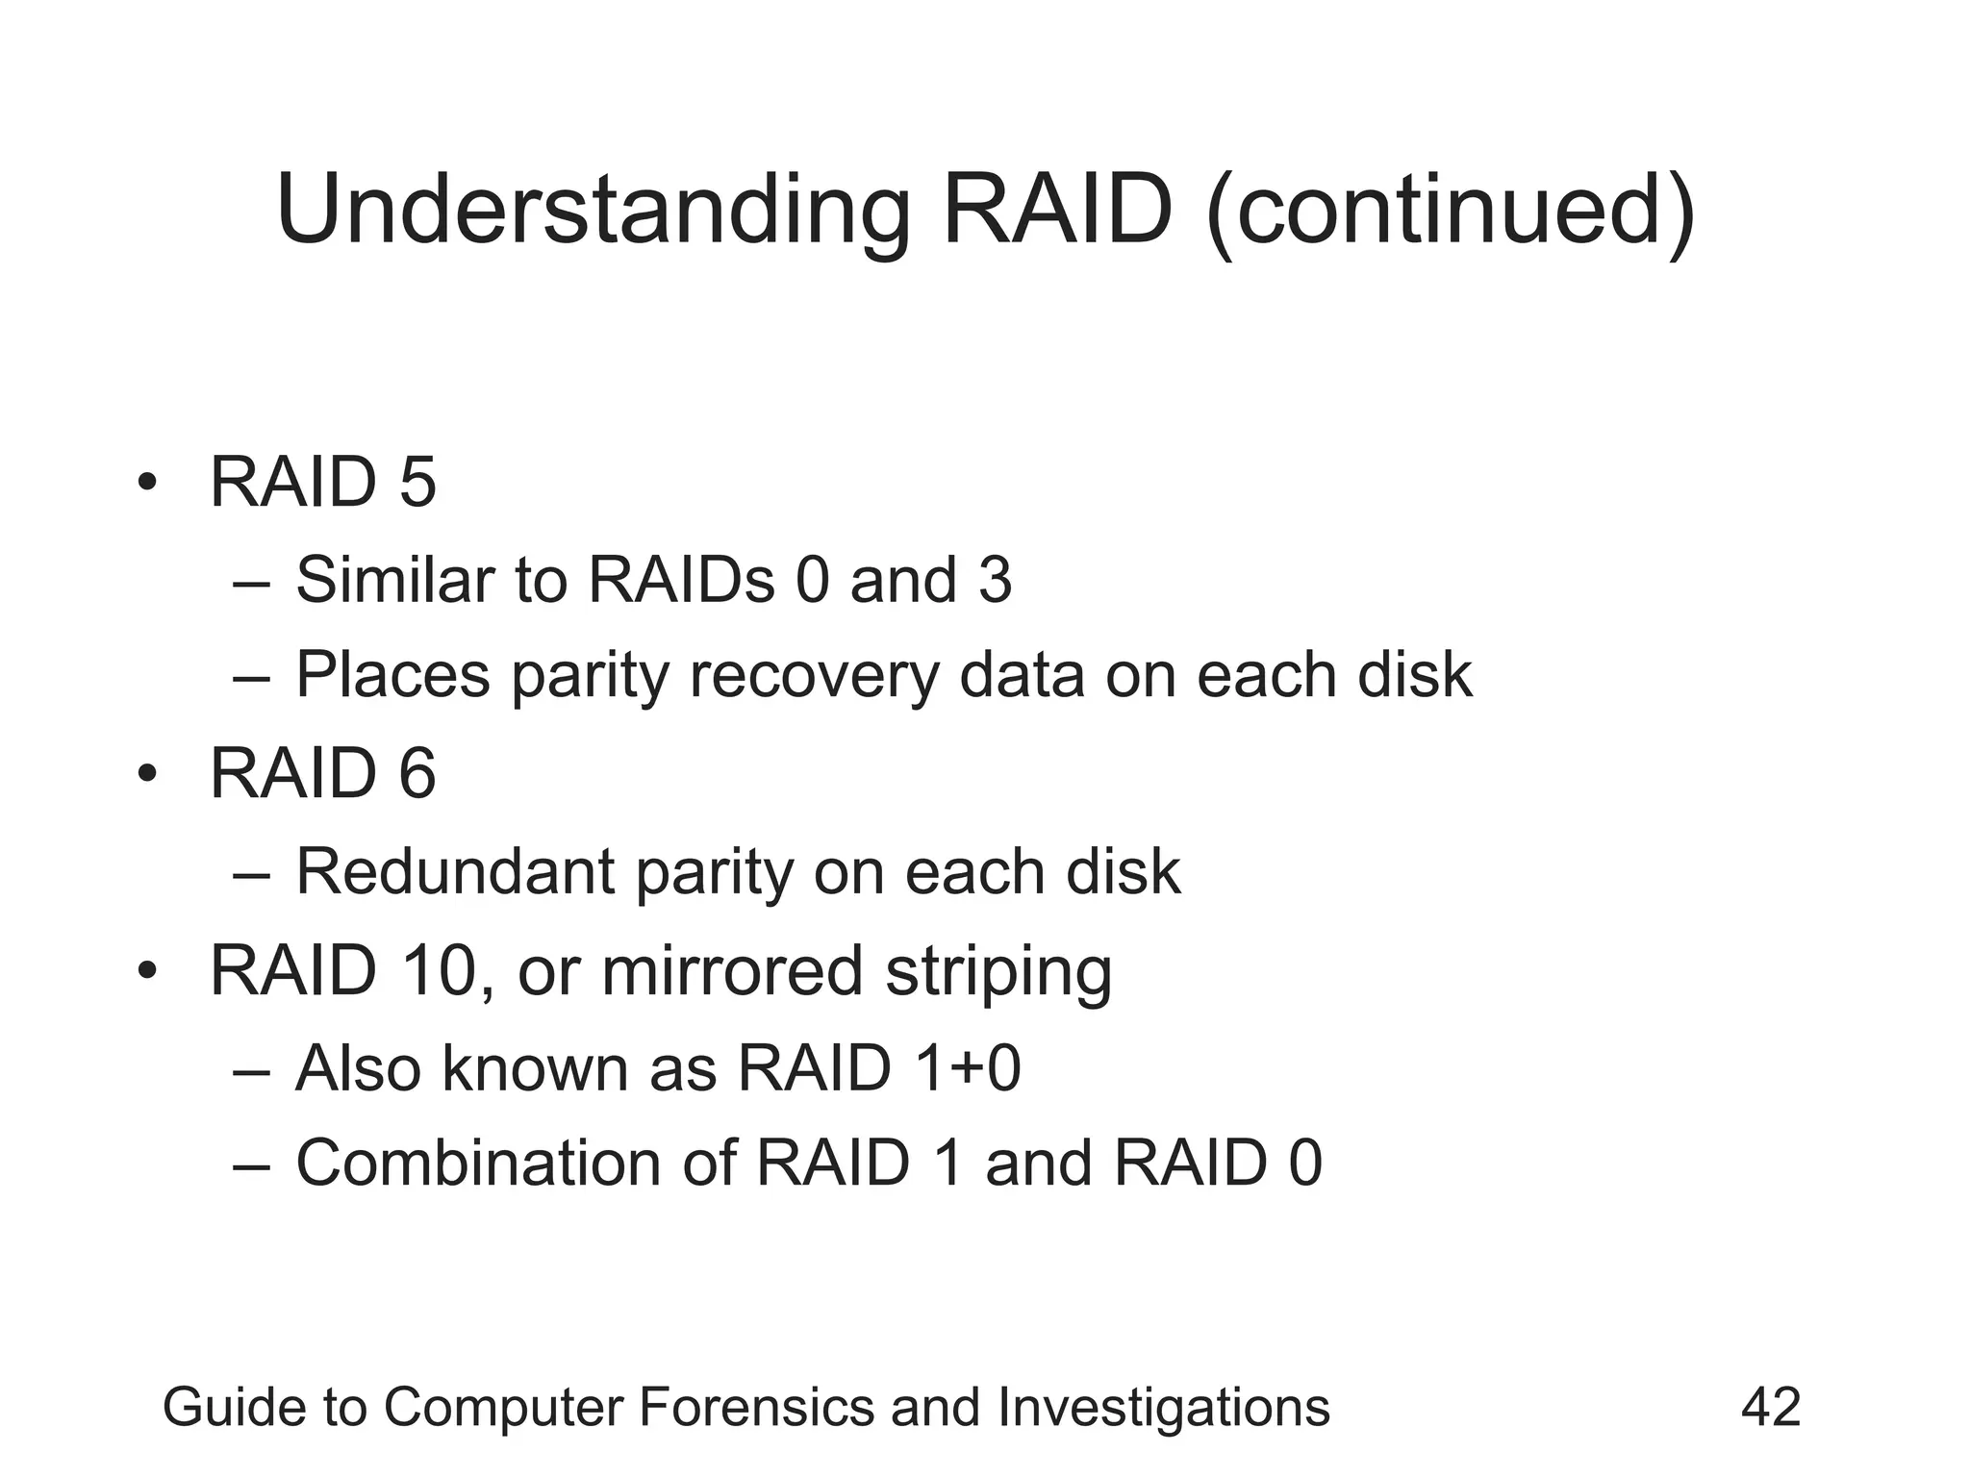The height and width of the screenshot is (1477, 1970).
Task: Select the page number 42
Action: tap(1771, 1408)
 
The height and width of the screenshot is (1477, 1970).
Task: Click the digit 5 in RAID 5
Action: tap(417, 482)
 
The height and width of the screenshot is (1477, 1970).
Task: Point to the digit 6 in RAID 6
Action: tap(417, 773)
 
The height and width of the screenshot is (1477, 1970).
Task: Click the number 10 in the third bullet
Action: tap(441, 970)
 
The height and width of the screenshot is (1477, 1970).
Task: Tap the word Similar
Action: tap(394, 580)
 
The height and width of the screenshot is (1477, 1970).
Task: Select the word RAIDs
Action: tap(681, 580)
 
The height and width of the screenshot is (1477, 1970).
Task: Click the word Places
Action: tap(392, 675)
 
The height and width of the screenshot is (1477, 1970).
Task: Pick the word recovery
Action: tap(814, 675)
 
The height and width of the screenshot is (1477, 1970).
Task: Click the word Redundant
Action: tap(455, 872)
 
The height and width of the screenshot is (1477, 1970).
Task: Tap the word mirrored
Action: tap(732, 970)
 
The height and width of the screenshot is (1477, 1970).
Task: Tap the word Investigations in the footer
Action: tap(1163, 1408)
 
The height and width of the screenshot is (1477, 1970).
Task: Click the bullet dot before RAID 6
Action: tap(146, 773)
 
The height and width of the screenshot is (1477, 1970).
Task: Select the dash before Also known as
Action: tap(252, 1068)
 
